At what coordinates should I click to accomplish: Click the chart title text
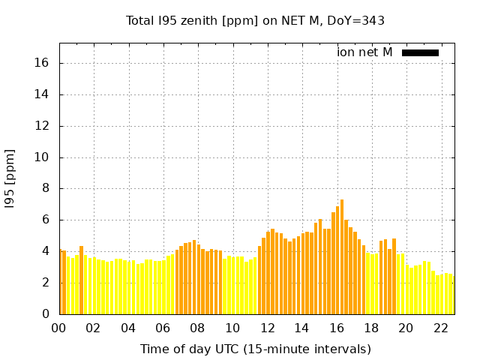[255, 20]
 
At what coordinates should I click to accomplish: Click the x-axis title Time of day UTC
[255, 349]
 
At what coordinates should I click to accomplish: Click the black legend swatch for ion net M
[420, 52]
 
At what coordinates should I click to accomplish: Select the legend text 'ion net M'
[364, 52]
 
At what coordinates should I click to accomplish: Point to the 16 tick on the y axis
[43, 63]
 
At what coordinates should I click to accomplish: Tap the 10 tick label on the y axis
[43, 157]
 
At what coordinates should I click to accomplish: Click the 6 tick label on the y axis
[46, 220]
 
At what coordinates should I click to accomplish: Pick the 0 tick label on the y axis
[46, 314]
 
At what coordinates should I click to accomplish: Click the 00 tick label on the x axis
[59, 328]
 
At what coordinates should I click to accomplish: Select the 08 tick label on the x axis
[197, 328]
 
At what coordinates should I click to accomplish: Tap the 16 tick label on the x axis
[336, 328]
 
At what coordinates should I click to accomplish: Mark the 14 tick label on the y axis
[43, 94]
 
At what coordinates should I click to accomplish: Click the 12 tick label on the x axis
[267, 328]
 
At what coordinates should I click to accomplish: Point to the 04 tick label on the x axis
[128, 328]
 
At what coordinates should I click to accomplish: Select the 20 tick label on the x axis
[406, 328]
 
